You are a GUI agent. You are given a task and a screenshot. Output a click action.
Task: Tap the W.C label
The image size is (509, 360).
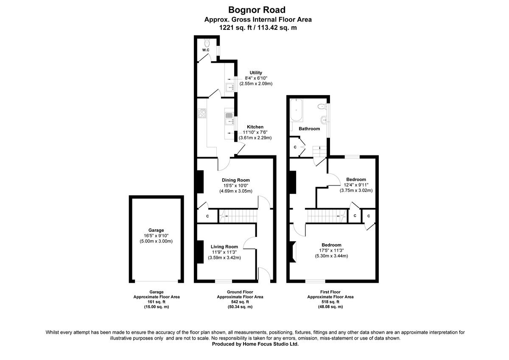pos(205,50)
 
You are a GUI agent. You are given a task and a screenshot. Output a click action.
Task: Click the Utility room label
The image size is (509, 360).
pos(256,73)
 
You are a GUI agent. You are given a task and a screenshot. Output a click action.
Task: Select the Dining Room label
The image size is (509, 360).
pos(235,180)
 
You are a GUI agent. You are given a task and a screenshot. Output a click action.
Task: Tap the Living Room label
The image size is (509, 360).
pos(224,246)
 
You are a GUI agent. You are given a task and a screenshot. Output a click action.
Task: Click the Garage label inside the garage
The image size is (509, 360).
pos(156,230)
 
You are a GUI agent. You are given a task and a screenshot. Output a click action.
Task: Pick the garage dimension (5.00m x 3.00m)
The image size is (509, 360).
pos(156,241)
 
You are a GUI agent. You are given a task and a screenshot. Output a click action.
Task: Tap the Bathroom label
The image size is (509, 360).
pos(309,129)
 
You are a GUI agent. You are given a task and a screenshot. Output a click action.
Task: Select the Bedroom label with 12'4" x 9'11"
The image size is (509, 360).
pos(355,179)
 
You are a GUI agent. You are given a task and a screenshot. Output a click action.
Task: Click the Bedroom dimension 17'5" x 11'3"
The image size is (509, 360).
pos(331,250)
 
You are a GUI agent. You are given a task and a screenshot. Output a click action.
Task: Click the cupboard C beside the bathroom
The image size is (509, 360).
pos(295,147)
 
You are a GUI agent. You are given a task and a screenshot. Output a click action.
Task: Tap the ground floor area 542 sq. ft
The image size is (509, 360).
pos(240,302)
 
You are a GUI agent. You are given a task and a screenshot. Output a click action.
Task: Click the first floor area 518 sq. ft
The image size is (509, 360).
pos(330,302)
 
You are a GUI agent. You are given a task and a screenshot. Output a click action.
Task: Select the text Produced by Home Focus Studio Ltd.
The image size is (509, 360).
pos(255,344)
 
